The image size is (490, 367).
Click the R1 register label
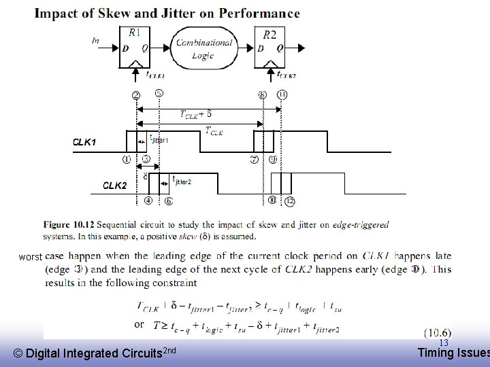tap(135, 32)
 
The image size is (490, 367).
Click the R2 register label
tap(270, 33)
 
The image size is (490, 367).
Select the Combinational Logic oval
tap(204, 48)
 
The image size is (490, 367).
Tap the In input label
tap(95, 41)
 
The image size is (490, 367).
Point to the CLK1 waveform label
tap(86, 143)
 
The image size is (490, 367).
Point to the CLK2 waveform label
tap(115, 185)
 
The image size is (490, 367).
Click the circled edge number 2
tap(136, 94)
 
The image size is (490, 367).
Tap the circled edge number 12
tap(291, 200)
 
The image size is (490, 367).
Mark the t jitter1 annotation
tap(159, 139)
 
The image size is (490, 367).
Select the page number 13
tap(443, 343)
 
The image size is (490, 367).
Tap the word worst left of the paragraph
tap(31, 257)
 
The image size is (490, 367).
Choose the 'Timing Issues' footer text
tap(453, 352)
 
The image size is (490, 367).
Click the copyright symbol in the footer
tap(18, 353)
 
